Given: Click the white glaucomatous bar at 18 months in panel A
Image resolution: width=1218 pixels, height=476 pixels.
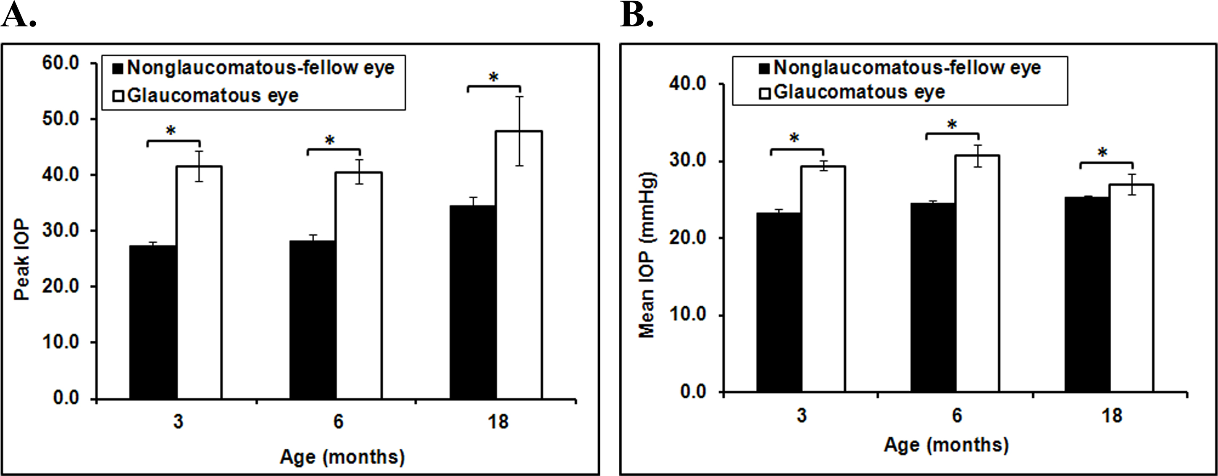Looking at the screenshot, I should point(519,265).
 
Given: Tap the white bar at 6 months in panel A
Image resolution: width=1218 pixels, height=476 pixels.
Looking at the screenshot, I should point(359,286).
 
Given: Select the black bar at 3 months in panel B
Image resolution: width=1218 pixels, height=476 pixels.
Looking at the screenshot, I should point(779,302).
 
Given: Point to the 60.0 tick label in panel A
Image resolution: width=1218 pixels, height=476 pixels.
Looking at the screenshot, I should point(61,63).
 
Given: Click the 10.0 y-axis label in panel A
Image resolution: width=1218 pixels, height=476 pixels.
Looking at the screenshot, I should point(61,342).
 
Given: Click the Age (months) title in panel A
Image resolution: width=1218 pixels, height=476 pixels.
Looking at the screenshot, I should point(342,457).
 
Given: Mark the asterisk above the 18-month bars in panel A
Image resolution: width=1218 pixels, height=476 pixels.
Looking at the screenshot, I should point(494,77).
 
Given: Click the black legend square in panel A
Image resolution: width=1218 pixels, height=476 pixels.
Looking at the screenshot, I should point(118,69).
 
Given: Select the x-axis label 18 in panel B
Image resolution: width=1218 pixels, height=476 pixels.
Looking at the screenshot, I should point(1114,416).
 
